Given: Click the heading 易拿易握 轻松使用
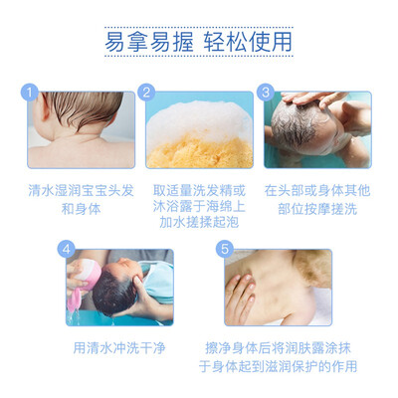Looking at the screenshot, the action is (x=199, y=42).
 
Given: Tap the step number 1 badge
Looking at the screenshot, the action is (x=30, y=92).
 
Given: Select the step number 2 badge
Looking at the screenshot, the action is (x=146, y=92).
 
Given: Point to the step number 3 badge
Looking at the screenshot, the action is (x=266, y=92).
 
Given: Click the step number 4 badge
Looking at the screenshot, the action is (x=67, y=249).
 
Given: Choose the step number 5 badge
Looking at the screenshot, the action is (x=225, y=249).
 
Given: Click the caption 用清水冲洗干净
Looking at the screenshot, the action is (x=119, y=348).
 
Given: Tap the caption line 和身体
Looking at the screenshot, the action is (x=81, y=209).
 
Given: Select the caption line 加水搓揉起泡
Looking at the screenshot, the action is (x=199, y=222).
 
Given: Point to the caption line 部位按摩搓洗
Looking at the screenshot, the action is (x=317, y=209).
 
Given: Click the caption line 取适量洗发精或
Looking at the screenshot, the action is (x=199, y=190).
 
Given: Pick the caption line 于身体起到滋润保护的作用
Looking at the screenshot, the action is (x=278, y=366).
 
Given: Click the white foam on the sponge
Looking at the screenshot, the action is (x=198, y=119).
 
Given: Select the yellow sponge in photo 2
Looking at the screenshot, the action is (x=199, y=152).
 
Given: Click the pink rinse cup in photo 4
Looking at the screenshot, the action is (x=86, y=277).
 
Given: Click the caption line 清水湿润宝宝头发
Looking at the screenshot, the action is (x=81, y=190).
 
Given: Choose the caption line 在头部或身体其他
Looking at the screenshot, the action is (x=317, y=190).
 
